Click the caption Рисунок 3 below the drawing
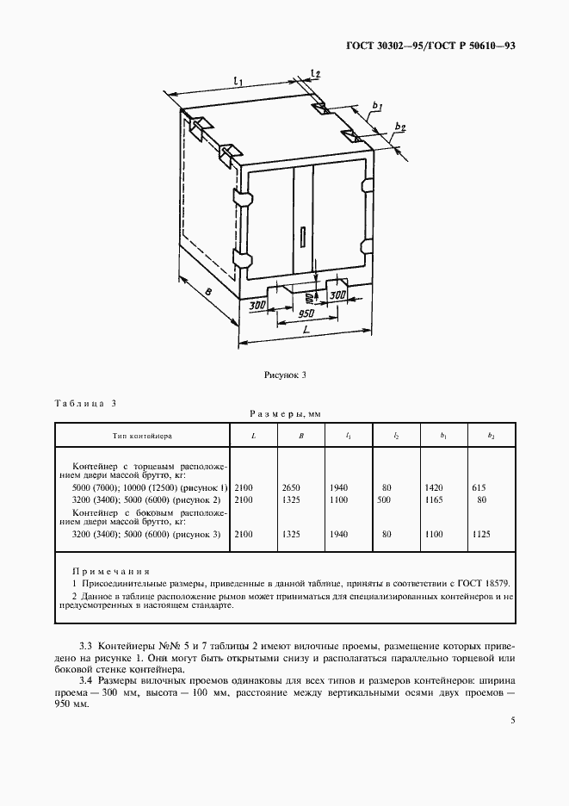click(x=284, y=375)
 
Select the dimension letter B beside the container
click(x=209, y=294)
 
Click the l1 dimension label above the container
click(x=238, y=82)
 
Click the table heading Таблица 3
click(x=84, y=403)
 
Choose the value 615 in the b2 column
click(x=479, y=487)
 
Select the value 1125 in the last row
click(x=482, y=535)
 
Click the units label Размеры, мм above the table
click(x=284, y=415)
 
